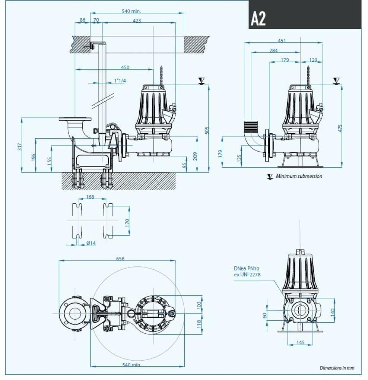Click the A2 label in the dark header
pyautogui.click(x=258, y=18)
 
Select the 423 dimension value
pyautogui.click(x=137, y=21)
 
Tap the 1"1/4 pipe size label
pyautogui.click(x=120, y=81)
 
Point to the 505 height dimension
pyautogui.click(x=207, y=130)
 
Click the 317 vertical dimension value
pyautogui.click(x=20, y=146)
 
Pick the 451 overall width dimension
pyautogui.click(x=282, y=40)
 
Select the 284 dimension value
pyautogui.click(x=273, y=50)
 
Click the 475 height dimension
pyautogui.click(x=340, y=127)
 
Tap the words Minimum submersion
pyautogui.click(x=299, y=176)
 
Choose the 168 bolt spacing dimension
pyautogui.click(x=90, y=197)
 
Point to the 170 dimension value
pyautogui.click(x=127, y=222)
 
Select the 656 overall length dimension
pyautogui.click(x=120, y=259)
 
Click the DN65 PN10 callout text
pyautogui.click(x=247, y=269)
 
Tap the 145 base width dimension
pyautogui.click(x=300, y=343)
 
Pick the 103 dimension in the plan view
pyautogui.click(x=199, y=305)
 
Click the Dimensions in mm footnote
pyautogui.click(x=337, y=368)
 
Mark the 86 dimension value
pyautogui.click(x=83, y=20)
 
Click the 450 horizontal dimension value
pyautogui.click(x=125, y=67)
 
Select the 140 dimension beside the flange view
pyautogui.click(x=332, y=313)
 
